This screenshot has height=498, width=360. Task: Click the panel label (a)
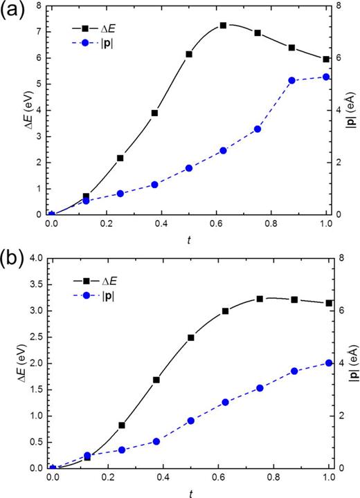click(x=13, y=12)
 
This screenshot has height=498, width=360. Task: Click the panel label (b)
click(x=13, y=252)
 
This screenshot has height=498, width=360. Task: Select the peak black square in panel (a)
click(x=223, y=26)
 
